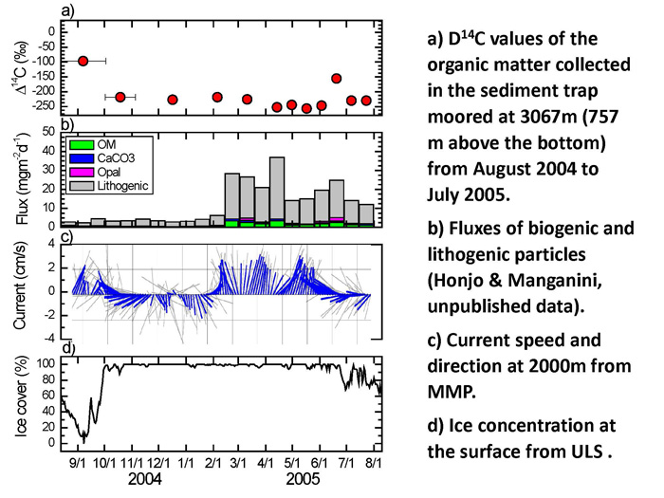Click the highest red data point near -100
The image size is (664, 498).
[x=83, y=61]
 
